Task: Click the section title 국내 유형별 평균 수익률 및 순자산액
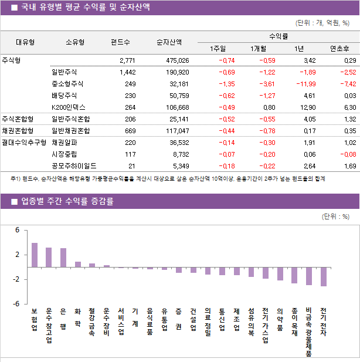(x=85, y=8)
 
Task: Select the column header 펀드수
(x=120, y=42)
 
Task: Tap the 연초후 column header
(x=340, y=49)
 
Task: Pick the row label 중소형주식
(x=67, y=84)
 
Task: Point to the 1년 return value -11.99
(x=304, y=84)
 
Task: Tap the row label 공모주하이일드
(x=74, y=166)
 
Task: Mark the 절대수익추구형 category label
(x=23, y=143)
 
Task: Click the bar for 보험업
(x=35, y=255)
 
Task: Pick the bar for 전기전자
(x=324, y=276)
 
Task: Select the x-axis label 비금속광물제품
(x=309, y=331)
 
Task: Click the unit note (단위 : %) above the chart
(x=336, y=216)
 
